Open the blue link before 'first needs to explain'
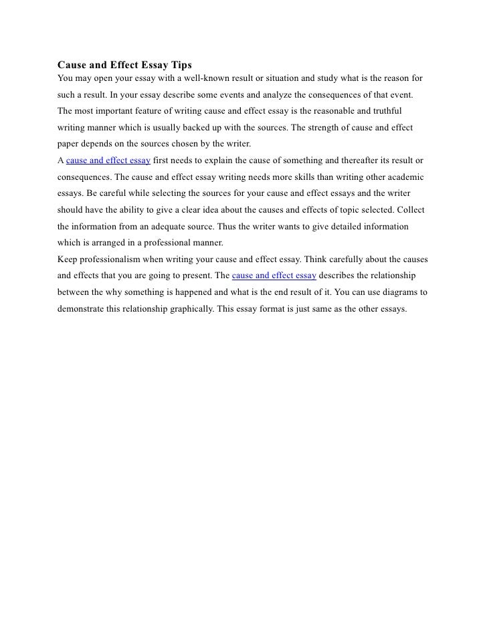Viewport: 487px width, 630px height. click(108, 161)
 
